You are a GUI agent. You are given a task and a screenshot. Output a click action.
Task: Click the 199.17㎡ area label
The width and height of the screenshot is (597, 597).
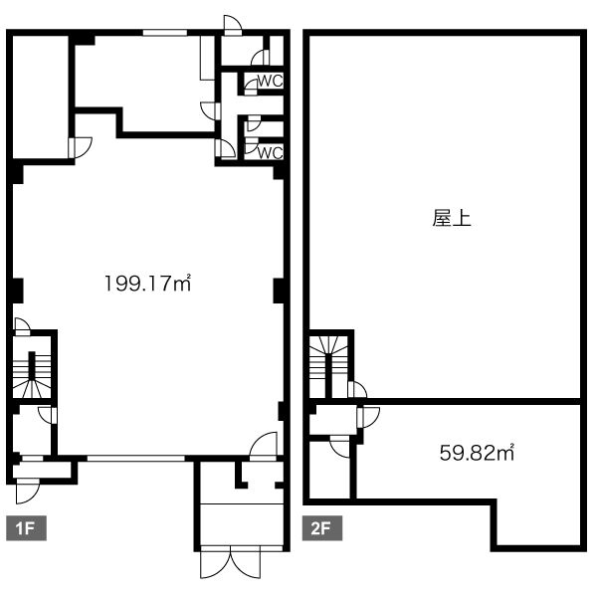[147, 283]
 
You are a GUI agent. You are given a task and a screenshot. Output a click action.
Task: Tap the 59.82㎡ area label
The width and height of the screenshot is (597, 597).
[477, 453]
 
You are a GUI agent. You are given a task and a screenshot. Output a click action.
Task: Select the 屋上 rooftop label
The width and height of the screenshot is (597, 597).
[452, 219]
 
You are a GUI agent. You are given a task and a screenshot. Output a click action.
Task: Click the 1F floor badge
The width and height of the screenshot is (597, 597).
[26, 528]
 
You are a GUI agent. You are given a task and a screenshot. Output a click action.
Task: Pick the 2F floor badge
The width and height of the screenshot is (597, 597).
[322, 528]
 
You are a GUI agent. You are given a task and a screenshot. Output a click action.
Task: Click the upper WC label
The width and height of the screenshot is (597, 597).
[271, 81]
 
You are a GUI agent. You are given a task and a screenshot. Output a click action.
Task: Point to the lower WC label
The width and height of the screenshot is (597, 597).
[271, 152]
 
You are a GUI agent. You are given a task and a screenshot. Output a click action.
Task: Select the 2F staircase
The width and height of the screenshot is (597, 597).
[328, 367]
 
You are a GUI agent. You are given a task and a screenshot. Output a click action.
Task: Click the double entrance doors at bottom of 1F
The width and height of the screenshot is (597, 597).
[231, 562]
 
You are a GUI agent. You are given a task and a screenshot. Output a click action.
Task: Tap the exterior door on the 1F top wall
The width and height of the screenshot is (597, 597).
[233, 26]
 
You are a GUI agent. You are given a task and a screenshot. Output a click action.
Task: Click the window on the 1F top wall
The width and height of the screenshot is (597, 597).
[165, 33]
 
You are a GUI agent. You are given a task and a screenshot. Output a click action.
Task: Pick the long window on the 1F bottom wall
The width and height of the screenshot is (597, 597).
[136, 459]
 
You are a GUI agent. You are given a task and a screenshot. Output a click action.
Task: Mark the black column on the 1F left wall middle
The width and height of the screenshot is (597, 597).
[16, 291]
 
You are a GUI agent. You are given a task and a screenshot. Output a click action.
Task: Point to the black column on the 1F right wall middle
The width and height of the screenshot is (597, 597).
[279, 291]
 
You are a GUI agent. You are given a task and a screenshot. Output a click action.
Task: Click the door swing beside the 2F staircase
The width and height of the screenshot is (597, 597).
[357, 390]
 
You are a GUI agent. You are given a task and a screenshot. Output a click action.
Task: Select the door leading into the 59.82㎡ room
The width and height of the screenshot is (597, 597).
[368, 417]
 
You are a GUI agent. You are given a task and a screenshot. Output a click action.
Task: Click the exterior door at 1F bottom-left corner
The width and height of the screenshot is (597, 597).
[28, 492]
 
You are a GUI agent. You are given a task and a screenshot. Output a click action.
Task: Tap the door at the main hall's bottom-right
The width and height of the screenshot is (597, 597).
[263, 446]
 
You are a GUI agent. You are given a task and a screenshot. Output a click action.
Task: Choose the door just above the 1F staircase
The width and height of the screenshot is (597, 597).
[22, 326]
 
